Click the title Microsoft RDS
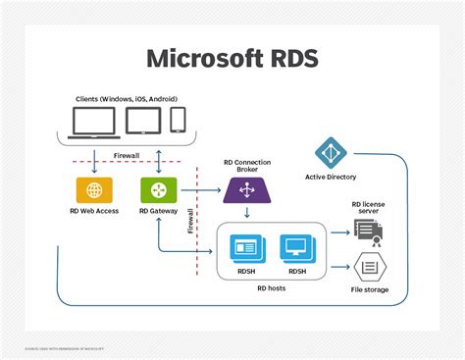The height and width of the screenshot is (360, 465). pos(232,58)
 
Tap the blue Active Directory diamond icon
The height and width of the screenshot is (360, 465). pos(331,154)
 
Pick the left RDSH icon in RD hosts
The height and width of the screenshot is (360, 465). pos(245,248)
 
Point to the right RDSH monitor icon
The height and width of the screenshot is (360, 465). pos(295,248)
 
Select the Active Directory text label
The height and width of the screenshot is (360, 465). pos(331,178)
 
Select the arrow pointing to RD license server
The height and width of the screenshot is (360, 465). pos(339,232)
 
